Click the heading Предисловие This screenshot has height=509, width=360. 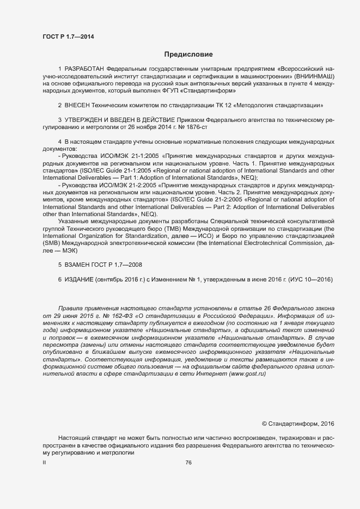click(x=188, y=54)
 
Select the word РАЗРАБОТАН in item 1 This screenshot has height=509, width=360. click(x=84, y=70)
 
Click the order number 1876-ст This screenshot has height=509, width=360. click(x=198, y=127)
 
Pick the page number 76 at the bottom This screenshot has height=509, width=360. click(x=188, y=463)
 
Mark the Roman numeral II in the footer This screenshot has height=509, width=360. click(x=44, y=463)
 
